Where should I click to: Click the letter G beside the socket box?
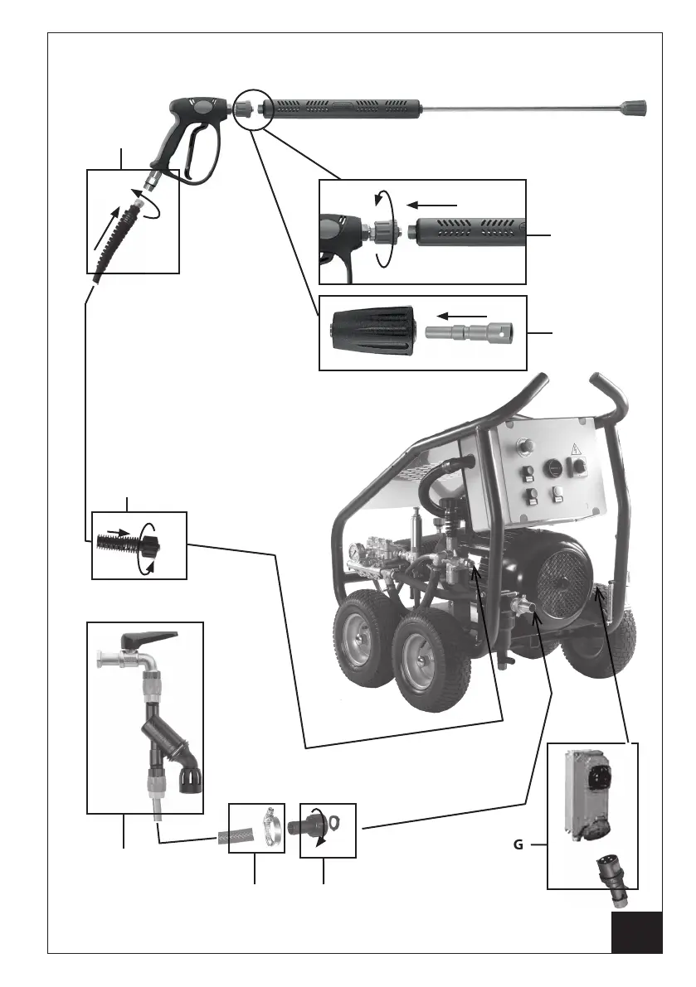click(x=517, y=845)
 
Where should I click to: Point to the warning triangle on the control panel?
click(x=574, y=451)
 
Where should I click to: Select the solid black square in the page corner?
click(x=637, y=932)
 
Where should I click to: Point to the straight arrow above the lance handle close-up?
click(x=432, y=203)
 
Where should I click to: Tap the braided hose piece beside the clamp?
click(x=234, y=837)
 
